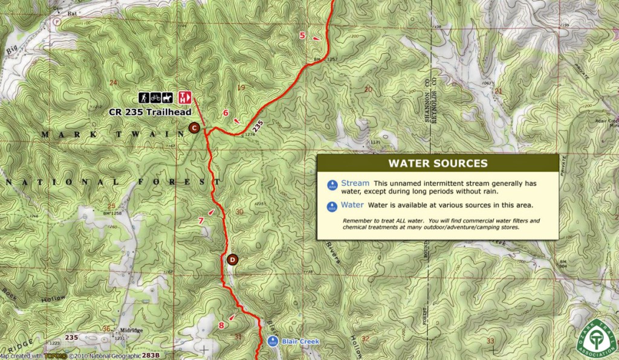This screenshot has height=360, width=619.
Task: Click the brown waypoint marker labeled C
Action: (194, 127)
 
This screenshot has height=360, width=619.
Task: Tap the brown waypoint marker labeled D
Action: (233, 260)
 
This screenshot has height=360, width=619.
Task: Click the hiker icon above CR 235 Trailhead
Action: (144, 97)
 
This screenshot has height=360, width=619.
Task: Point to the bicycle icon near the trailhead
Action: (156, 97)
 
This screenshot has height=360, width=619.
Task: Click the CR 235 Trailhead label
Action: (149, 112)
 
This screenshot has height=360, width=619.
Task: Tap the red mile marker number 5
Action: (302, 36)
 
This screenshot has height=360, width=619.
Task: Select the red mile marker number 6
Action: (225, 112)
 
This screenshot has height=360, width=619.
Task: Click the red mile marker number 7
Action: (201, 220)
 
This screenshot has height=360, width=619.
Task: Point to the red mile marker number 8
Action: (221, 326)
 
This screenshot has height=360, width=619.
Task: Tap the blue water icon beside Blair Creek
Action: (273, 341)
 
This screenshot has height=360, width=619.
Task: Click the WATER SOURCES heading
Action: (438, 163)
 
